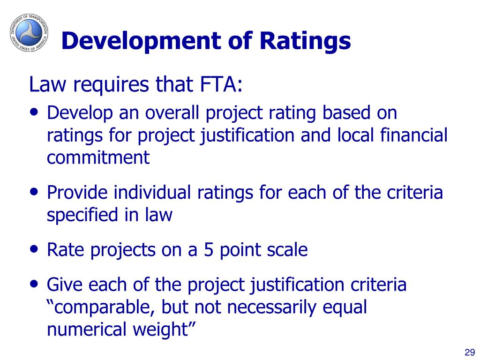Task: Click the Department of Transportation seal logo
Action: [29, 32]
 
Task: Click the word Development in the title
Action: [141, 41]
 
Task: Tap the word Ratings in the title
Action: [305, 41]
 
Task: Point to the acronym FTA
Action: [220, 84]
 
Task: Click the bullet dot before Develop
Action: [34, 112]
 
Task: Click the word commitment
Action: [98, 157]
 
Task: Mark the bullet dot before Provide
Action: [34, 192]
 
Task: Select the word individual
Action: [152, 193]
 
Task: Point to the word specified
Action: [82, 215]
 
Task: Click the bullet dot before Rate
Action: [34, 249]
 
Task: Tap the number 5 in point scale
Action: [208, 250]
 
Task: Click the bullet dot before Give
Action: [34, 284]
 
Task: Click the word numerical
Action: [87, 329]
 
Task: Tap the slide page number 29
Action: [470, 352]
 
